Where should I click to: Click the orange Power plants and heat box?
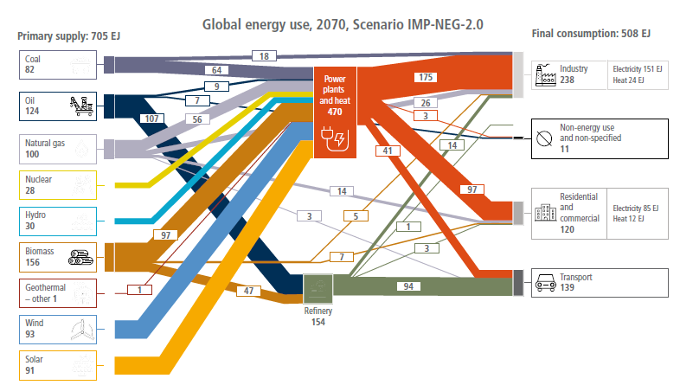(335, 112)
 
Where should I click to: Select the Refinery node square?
(318, 289)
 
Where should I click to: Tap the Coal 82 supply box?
(58, 65)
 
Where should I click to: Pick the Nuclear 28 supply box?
(58, 185)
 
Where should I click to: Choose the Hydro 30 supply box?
(58, 221)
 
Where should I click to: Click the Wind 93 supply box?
(58, 330)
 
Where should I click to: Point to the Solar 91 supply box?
(58, 365)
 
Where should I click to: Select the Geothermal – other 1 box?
(58, 293)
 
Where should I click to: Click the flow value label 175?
(426, 77)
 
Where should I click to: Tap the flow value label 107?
(151, 119)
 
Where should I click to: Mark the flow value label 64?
(216, 70)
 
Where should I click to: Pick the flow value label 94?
(408, 286)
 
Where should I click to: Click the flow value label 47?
(248, 291)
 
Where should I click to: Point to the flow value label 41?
(388, 151)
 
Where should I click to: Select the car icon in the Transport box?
(546, 283)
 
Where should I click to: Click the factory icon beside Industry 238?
(546, 75)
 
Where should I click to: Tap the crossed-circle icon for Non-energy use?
(544, 138)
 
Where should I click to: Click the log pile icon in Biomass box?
(80, 258)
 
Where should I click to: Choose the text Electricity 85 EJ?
(635, 209)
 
